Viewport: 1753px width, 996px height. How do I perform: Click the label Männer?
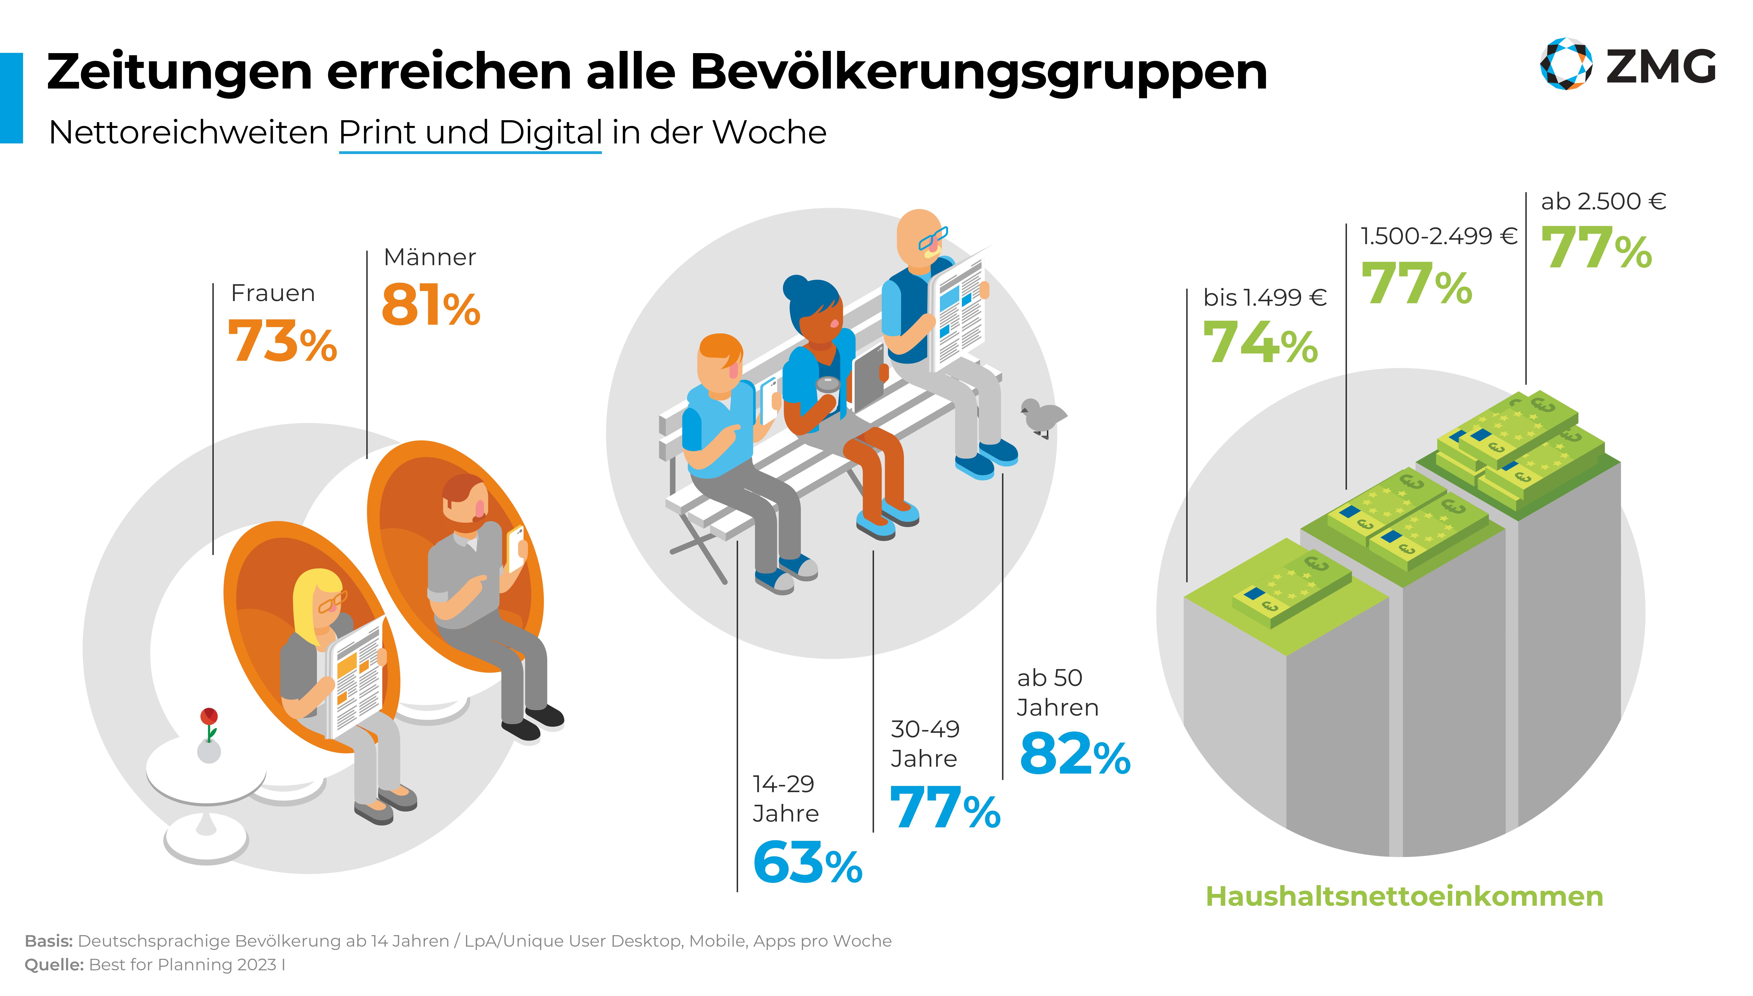tap(430, 257)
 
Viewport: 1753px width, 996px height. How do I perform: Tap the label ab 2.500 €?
tap(1602, 201)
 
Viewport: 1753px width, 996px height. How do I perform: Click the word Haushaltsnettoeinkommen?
tap(1404, 896)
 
